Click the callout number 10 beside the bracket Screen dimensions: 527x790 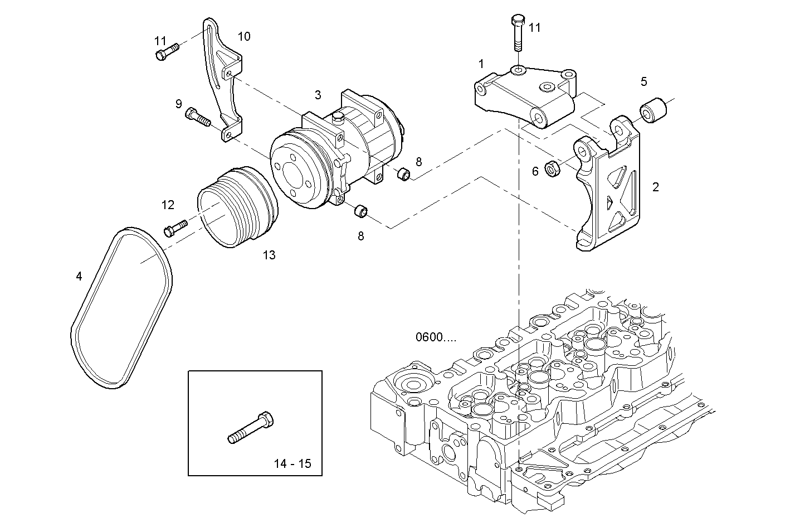[x=244, y=37]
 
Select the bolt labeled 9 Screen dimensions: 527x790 [x=198, y=117]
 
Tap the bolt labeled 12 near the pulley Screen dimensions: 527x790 [x=175, y=229]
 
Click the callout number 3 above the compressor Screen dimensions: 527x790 [x=318, y=95]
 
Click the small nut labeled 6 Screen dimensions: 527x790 [x=552, y=168]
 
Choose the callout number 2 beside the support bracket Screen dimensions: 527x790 [x=656, y=187]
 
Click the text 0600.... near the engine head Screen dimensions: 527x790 [x=435, y=337]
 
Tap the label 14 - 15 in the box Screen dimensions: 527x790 [x=292, y=463]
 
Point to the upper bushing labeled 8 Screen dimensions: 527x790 [x=403, y=175]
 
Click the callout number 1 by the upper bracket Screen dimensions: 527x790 [x=481, y=64]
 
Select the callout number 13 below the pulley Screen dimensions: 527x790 [x=269, y=255]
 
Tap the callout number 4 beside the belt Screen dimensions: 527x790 [x=79, y=276]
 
